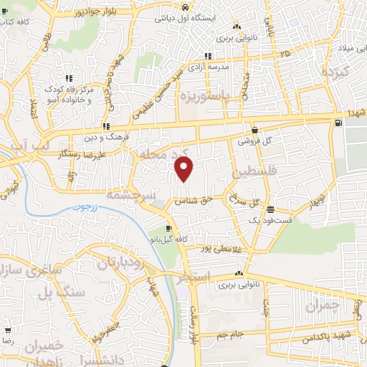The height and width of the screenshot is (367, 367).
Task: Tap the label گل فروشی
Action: point(256,140)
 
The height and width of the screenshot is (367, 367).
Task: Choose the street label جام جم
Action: point(213,334)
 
